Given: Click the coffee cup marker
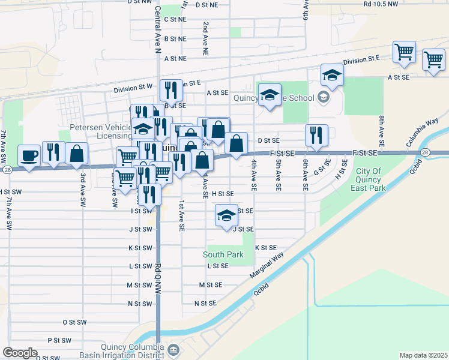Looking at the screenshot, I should [x=29, y=156].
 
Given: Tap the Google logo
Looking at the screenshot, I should [x=20, y=353].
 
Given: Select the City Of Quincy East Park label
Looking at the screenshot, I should [x=368, y=179].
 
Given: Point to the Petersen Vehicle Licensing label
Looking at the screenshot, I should [x=101, y=131].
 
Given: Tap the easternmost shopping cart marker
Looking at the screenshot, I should [x=433, y=60].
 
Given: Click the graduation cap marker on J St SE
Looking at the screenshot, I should [x=226, y=216].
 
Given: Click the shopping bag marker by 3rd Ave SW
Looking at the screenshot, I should [x=77, y=154].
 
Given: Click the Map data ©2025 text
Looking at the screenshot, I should [x=424, y=355].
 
